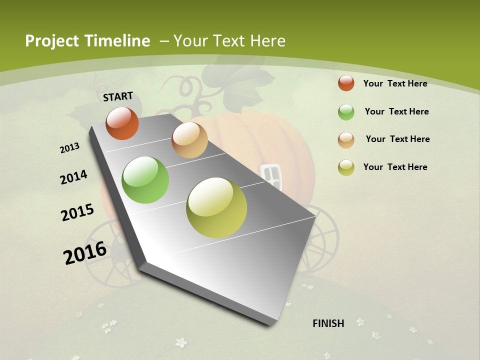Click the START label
pos(118,96)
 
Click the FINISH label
pos(328,323)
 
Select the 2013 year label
pos(70,148)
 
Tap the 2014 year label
pos(74,177)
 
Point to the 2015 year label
pos(77,212)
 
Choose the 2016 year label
pos(85,252)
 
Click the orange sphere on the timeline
pos(122,123)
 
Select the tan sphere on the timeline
pos(189,140)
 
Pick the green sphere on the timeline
pos(145,180)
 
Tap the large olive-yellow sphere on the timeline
pos(216,207)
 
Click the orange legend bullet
pos(346,83)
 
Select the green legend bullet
pos(346,112)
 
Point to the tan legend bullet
pos(346,140)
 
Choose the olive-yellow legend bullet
pos(346,167)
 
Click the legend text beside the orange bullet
pos(395,83)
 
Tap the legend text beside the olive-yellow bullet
pos(395,167)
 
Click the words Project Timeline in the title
pos(87,41)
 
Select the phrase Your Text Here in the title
pos(229,41)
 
